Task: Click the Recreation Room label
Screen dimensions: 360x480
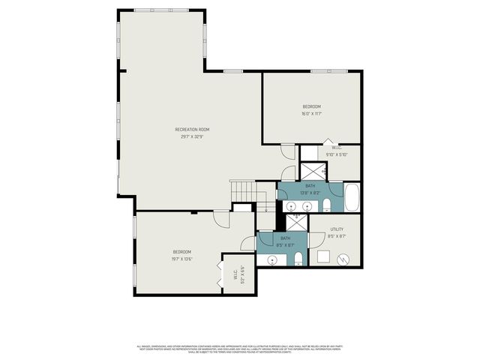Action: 193,130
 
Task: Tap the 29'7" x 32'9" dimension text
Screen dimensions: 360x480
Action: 193,137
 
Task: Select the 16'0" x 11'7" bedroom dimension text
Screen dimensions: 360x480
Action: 311,114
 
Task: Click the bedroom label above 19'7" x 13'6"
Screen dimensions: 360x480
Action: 182,251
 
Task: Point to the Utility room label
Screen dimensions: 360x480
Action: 337,229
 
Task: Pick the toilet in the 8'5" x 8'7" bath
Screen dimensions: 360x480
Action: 298,259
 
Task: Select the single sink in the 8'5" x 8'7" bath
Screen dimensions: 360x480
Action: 271,260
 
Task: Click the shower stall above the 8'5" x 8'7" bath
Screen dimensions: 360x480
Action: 297,221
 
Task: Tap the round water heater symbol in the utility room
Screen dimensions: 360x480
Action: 343,259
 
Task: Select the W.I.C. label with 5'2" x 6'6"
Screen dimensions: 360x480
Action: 235,274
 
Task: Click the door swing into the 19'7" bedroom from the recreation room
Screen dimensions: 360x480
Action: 220,219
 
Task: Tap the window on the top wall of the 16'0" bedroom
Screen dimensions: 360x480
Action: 322,71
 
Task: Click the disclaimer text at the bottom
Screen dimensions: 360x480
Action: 240,349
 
